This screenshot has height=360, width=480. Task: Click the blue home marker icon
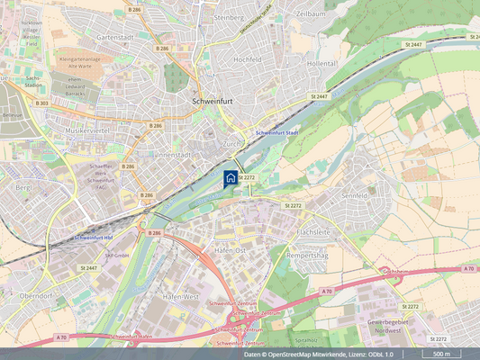click(231, 177)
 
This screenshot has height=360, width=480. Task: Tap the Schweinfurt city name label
click(213, 102)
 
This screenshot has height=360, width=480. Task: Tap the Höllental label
click(322, 64)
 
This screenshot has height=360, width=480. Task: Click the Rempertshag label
click(312, 255)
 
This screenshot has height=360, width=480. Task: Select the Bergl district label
click(23, 187)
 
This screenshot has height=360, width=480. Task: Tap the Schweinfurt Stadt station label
click(276, 133)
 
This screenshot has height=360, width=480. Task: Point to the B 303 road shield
click(41, 103)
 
